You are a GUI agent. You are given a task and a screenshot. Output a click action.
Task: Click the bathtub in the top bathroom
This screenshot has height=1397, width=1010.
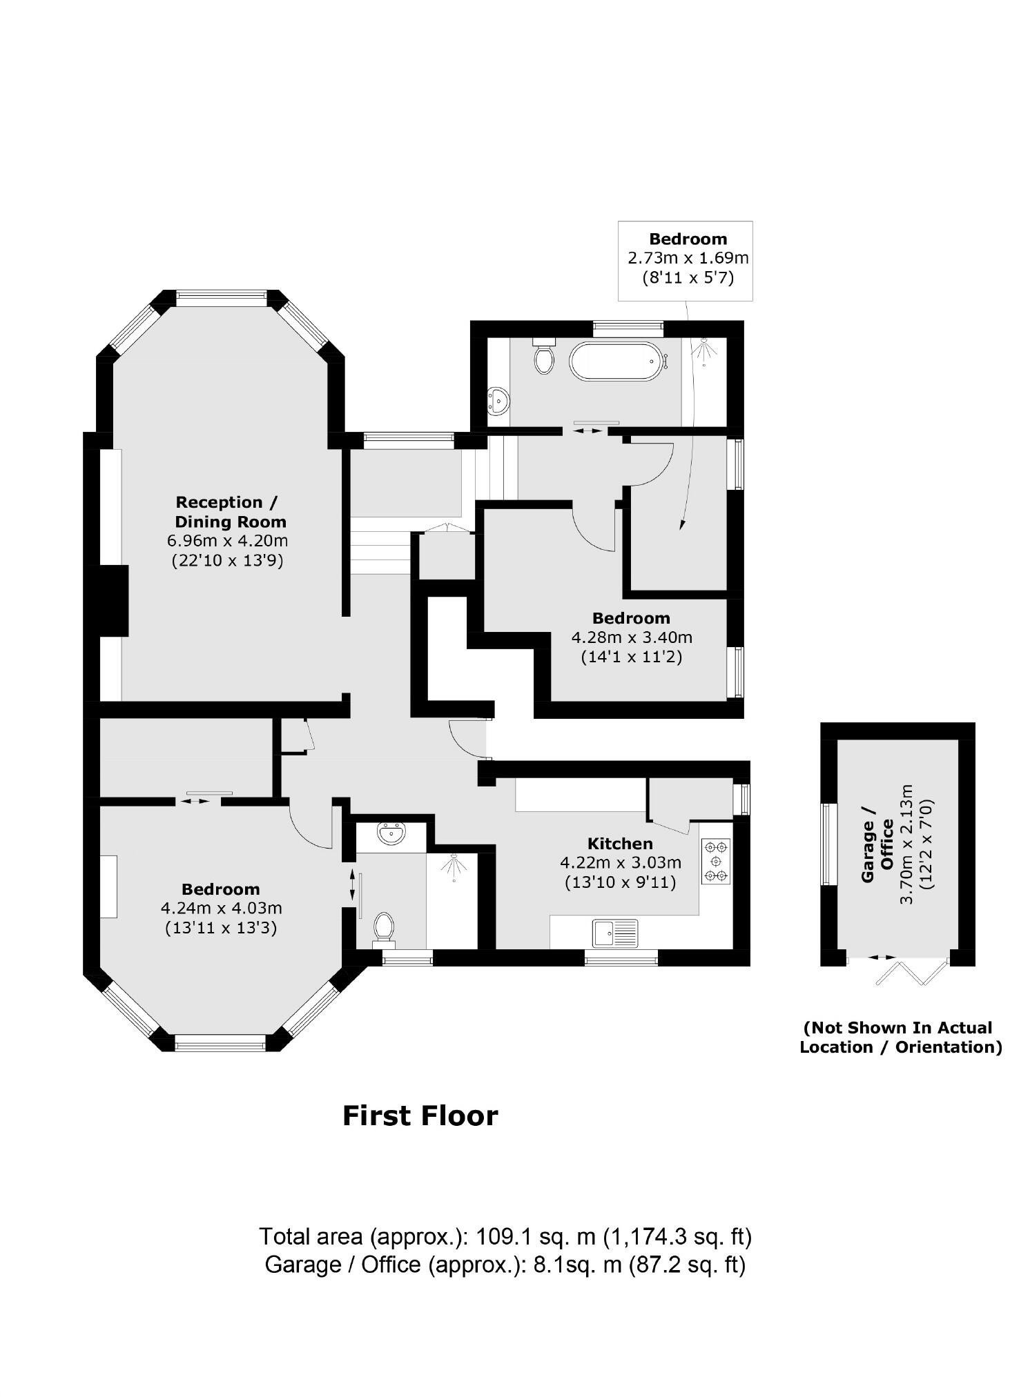(614, 361)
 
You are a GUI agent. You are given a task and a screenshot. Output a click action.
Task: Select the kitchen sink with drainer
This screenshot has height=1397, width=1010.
(615, 933)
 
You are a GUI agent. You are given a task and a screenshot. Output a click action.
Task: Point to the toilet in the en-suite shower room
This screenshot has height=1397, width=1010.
(383, 928)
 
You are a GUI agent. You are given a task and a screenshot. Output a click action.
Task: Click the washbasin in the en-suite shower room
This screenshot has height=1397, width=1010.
(391, 833)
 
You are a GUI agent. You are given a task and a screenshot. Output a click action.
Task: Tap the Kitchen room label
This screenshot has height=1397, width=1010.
(620, 843)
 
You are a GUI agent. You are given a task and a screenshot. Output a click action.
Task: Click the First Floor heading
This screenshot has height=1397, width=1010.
(420, 1116)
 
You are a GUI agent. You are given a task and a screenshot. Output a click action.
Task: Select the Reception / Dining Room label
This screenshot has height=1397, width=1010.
(230, 511)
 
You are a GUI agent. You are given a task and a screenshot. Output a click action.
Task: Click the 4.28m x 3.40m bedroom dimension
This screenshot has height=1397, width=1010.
(631, 637)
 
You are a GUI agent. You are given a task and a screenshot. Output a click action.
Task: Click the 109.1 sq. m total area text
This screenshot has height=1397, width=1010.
(505, 1236)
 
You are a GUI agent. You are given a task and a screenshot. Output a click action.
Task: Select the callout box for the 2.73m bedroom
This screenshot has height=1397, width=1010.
(685, 260)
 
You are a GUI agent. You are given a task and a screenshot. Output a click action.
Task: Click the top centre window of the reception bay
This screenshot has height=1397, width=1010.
(221, 298)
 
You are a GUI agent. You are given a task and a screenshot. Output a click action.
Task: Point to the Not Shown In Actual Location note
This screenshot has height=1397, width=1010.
(900, 1037)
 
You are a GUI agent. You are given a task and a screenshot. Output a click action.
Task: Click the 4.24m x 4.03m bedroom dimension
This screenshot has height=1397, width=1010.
(221, 908)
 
